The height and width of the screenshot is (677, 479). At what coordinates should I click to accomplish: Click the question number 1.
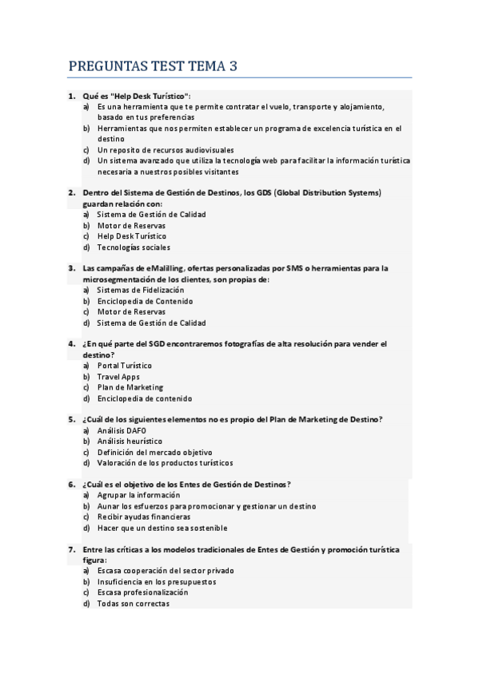click(x=71, y=95)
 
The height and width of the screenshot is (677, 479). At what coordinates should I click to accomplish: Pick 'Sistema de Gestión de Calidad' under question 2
click(x=151, y=215)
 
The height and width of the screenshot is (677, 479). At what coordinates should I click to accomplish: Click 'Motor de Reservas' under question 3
click(x=132, y=312)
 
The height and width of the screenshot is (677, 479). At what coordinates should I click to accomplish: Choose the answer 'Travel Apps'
click(x=118, y=377)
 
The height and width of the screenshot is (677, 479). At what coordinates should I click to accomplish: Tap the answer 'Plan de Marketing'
click(x=130, y=387)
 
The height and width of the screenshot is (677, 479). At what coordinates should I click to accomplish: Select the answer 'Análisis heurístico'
click(x=130, y=441)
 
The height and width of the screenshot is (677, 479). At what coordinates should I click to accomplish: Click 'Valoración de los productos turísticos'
click(x=165, y=462)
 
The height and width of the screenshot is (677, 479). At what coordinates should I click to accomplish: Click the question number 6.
click(x=71, y=484)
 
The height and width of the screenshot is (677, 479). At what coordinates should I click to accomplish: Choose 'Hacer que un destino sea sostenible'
click(x=162, y=528)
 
